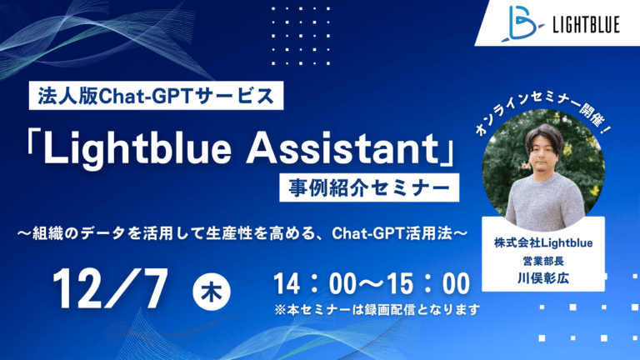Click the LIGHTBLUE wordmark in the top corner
586,24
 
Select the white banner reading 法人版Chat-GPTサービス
156,96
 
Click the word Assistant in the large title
341,147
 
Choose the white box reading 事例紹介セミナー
369,187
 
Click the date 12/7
110,289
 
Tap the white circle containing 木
212,292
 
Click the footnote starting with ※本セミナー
377,310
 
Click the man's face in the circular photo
543,155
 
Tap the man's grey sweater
544,200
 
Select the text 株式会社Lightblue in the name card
543,243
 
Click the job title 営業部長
543,261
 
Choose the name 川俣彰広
543,278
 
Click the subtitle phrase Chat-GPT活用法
392,233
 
